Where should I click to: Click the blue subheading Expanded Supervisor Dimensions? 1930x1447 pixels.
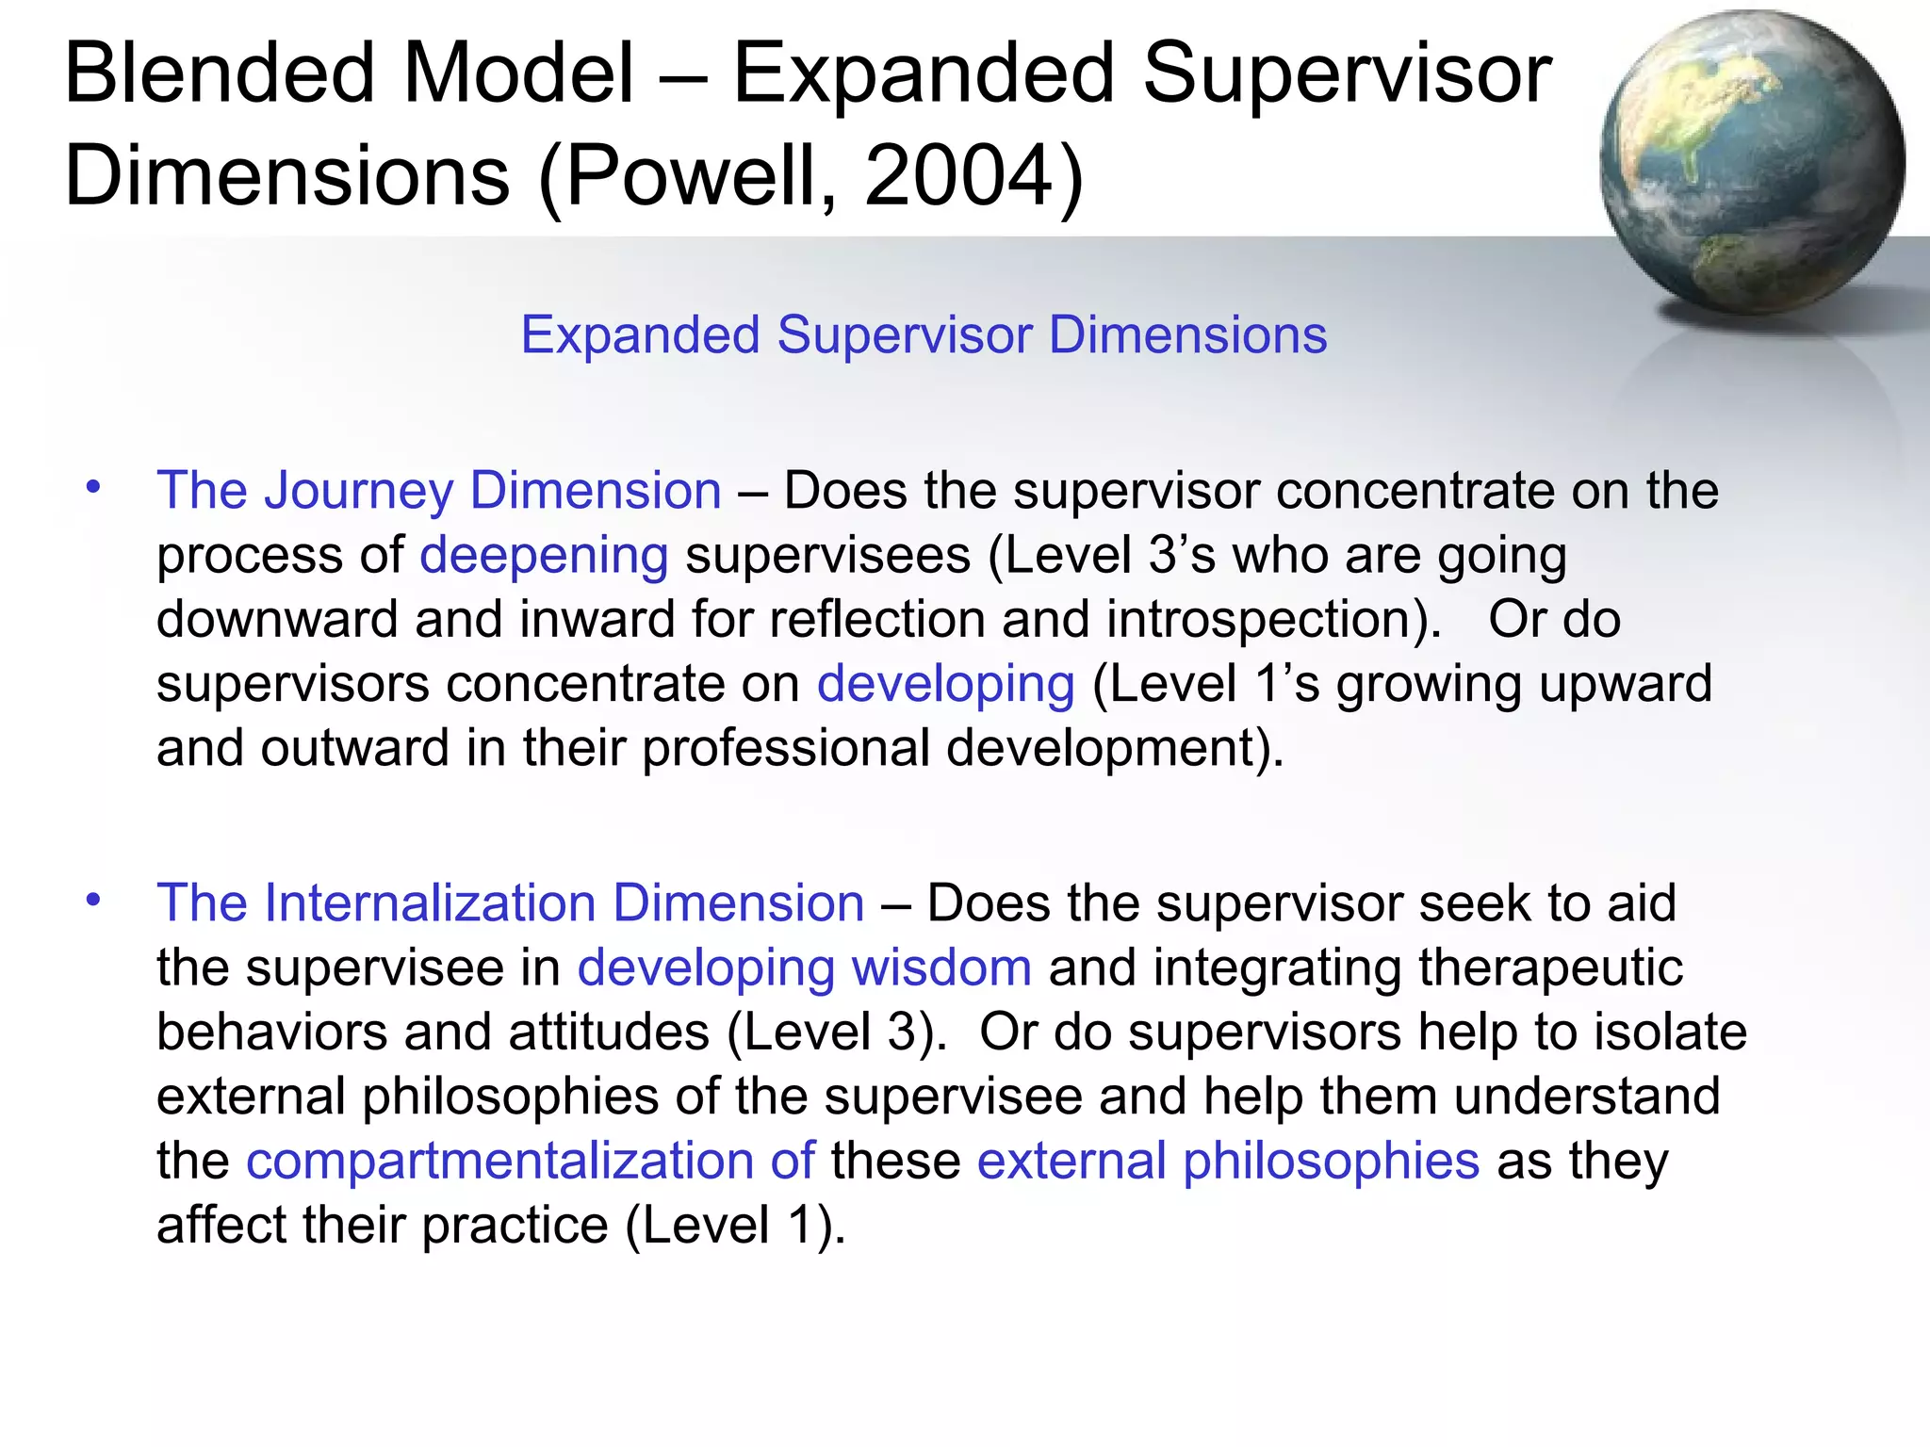[924, 335]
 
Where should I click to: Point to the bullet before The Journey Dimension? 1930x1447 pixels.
[92, 488]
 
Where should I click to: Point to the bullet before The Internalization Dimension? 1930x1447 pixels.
[92, 901]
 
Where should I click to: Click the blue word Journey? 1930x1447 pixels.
[358, 492]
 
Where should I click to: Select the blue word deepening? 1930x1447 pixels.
[544, 556]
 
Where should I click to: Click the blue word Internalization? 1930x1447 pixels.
[430, 903]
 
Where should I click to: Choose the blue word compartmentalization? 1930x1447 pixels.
[499, 1161]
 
